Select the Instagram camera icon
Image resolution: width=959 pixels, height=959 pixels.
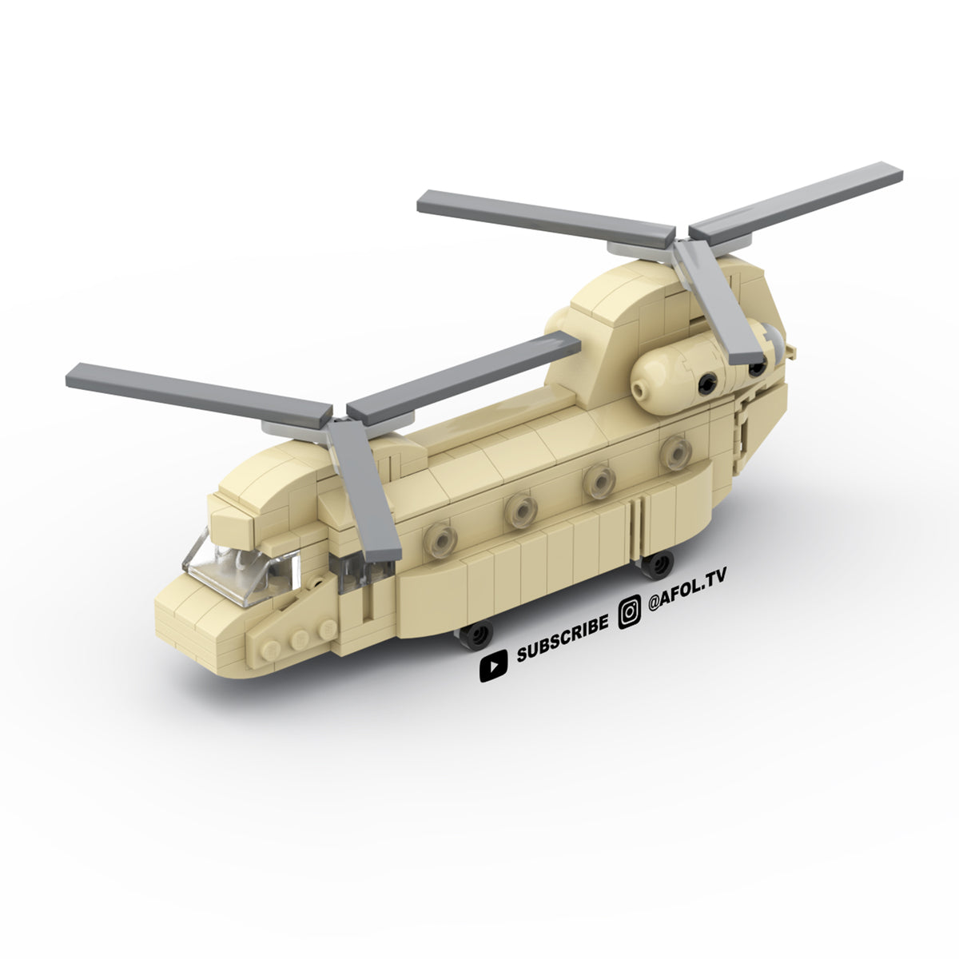coord(630,612)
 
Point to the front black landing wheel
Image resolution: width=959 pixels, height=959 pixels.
coord(476,635)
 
